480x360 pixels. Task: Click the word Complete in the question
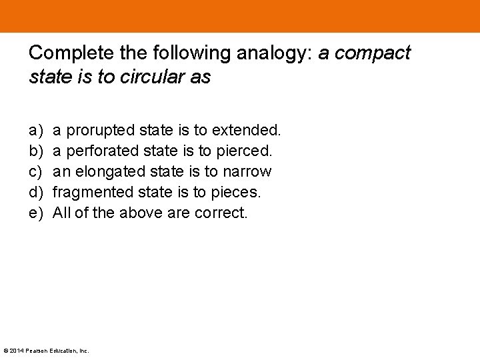(x=69, y=53)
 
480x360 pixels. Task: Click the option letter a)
(x=36, y=129)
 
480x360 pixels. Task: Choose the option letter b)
(x=36, y=150)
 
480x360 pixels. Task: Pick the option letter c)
(x=36, y=171)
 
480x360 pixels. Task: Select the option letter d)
(x=36, y=192)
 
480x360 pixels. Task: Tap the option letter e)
(x=36, y=213)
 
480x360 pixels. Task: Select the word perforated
(x=103, y=150)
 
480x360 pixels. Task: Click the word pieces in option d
(x=239, y=192)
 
